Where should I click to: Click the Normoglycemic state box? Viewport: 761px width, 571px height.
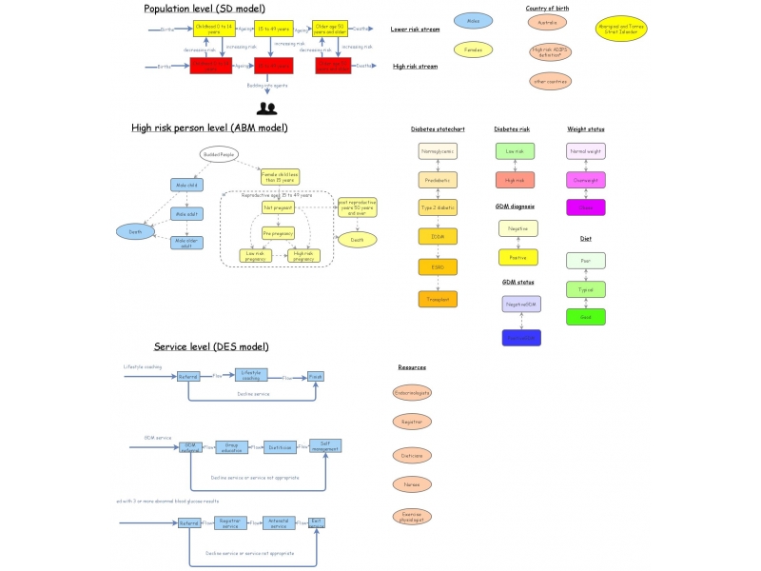pos(438,150)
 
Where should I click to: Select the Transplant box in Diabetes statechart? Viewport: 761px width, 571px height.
pos(438,299)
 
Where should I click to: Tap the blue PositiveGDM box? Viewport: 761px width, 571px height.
pos(521,338)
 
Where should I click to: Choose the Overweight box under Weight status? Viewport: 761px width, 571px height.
pos(586,179)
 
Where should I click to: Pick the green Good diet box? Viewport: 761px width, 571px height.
pos(586,317)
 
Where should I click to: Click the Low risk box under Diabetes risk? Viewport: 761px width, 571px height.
pos(515,150)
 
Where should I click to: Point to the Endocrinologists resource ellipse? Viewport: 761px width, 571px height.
pos(412,392)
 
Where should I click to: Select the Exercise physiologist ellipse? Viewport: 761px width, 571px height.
pos(412,517)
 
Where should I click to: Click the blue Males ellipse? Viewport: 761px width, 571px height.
pos(473,20)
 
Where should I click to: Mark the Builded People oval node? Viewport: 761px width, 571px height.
pos(218,154)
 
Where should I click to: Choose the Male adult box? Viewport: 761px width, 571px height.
pos(187,214)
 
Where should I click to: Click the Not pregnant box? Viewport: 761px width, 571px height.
pos(279,207)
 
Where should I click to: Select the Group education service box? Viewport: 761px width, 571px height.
pos(231,446)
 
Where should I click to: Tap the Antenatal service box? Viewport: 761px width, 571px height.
pos(279,522)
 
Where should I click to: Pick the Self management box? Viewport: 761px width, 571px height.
pos(325,445)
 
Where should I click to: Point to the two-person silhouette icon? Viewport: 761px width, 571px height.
pos(266,108)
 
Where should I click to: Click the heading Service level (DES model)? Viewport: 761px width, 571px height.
pos(211,346)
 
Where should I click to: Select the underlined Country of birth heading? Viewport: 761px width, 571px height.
pos(547,8)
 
